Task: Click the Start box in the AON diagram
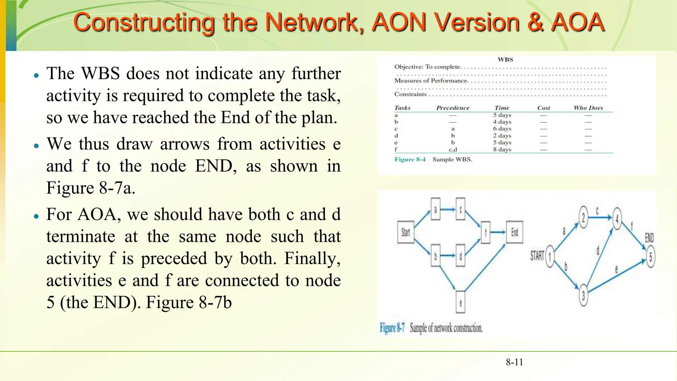click(x=406, y=232)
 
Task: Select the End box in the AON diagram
click(x=515, y=232)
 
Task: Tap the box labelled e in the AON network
click(x=460, y=302)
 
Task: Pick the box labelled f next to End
click(x=486, y=232)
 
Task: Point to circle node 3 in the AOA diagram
click(x=583, y=295)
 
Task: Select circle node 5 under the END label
click(x=651, y=257)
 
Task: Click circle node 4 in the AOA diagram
click(x=617, y=218)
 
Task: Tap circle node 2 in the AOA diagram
click(x=583, y=217)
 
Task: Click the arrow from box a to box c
click(x=448, y=209)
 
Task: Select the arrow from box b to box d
click(x=448, y=255)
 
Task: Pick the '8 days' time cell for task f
click(x=502, y=149)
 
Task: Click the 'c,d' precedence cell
click(x=453, y=149)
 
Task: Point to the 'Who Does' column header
click(x=588, y=108)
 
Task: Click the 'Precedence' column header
click(x=453, y=108)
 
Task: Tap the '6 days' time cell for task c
click(x=502, y=129)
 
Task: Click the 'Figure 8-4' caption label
click(x=410, y=159)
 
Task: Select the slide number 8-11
click(x=514, y=362)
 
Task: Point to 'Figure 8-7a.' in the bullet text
click(x=91, y=188)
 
